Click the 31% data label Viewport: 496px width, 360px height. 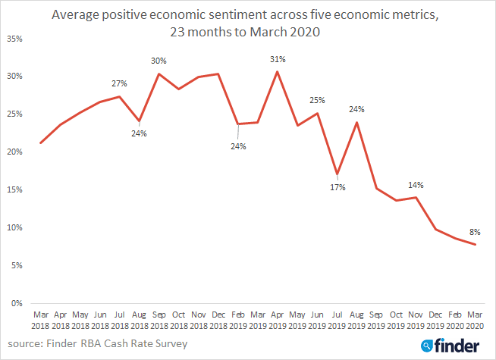point(277,58)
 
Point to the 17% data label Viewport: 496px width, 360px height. point(337,187)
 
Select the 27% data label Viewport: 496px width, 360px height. point(119,83)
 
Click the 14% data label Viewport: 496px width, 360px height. point(416,184)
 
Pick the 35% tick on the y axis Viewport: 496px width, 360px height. point(16,38)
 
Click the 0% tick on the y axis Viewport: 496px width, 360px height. point(18,303)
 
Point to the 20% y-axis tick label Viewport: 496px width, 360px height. point(16,152)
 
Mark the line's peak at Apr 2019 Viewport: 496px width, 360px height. point(278,71)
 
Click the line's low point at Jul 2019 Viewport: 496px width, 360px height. point(337,174)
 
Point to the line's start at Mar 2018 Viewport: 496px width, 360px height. point(40,142)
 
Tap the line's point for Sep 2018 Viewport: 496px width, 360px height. point(159,74)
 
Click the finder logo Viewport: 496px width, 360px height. point(454,344)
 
